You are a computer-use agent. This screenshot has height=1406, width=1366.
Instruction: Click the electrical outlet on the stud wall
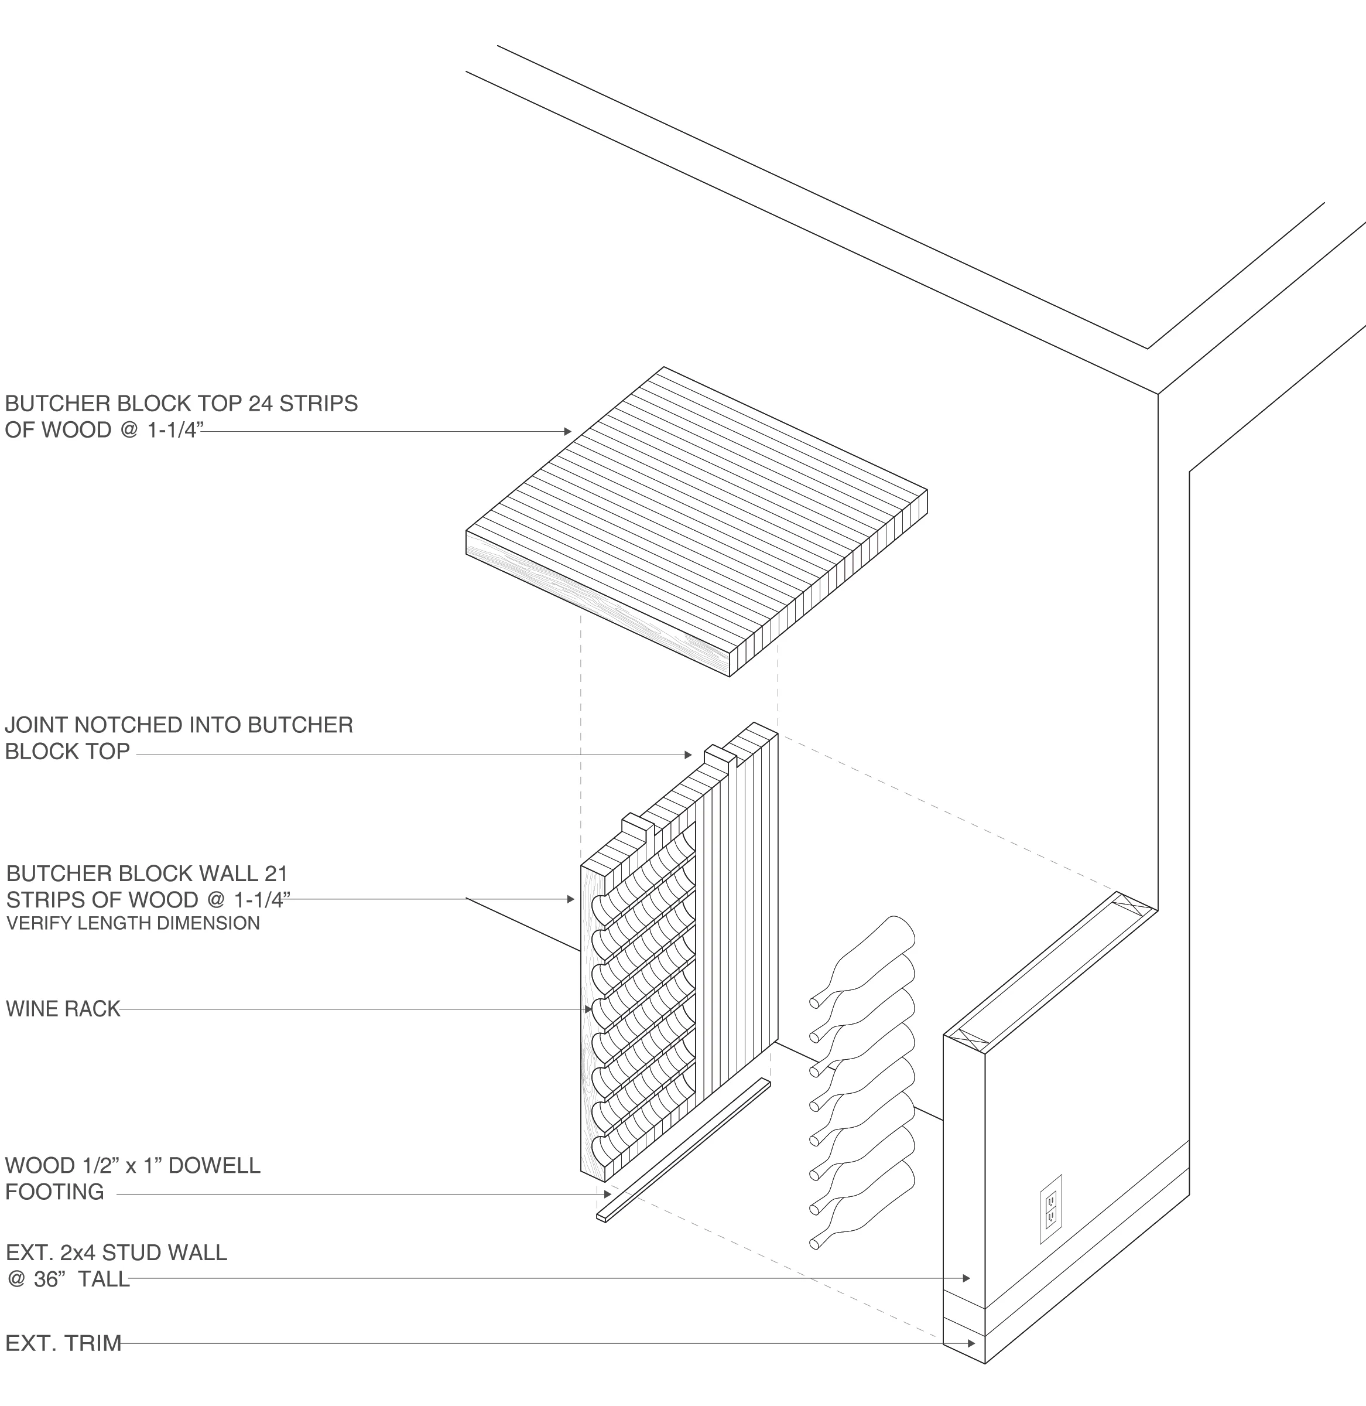pyautogui.click(x=1050, y=1209)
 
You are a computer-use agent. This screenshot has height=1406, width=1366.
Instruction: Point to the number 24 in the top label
pyautogui.click(x=261, y=404)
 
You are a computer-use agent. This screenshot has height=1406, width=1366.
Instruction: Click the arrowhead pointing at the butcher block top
pyautogui.click(x=567, y=431)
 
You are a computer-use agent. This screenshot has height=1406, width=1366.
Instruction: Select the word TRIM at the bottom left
pyautogui.click(x=93, y=1343)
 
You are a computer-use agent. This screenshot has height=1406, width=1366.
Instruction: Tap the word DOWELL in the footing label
pyautogui.click(x=214, y=1165)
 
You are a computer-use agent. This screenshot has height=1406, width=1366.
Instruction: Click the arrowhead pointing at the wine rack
pyautogui.click(x=588, y=1009)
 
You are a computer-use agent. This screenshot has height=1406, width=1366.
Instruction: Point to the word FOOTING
pyautogui.click(x=54, y=1192)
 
